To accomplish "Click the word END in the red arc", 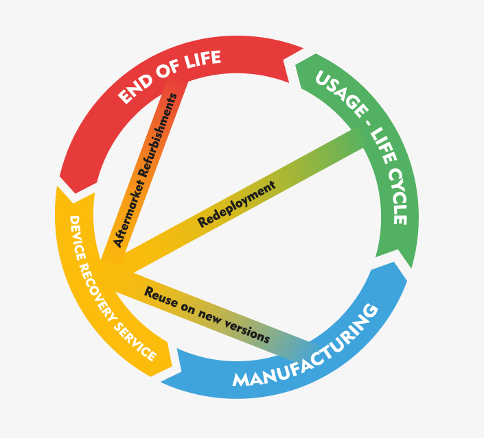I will pyautogui.click(x=136, y=90).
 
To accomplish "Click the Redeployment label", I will pyautogui.click(x=236, y=204).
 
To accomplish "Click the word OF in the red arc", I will pyautogui.click(x=168, y=73).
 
